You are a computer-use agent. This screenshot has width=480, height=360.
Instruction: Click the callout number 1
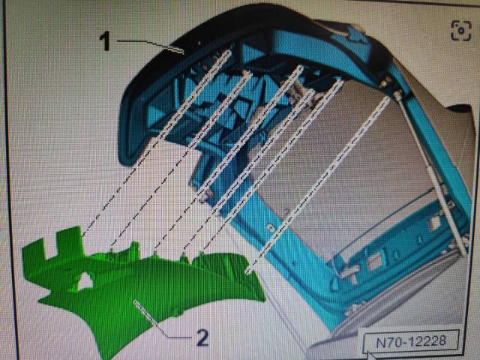pos(105,41)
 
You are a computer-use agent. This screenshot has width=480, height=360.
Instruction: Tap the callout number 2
pos(202,338)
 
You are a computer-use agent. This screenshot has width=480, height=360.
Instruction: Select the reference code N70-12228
pos(411,341)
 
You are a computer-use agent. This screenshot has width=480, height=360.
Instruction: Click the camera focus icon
pos(460,31)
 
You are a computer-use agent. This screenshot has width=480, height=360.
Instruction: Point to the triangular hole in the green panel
pos(85,281)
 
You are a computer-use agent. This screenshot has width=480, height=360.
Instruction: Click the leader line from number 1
pos(150,44)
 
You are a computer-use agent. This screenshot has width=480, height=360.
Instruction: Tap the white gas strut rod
pos(428,172)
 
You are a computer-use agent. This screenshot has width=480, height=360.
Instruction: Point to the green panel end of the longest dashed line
pos(248,271)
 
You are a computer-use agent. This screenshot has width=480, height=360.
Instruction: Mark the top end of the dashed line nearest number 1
pos(228,52)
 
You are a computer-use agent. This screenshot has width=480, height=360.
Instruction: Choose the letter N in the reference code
pos(380,343)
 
